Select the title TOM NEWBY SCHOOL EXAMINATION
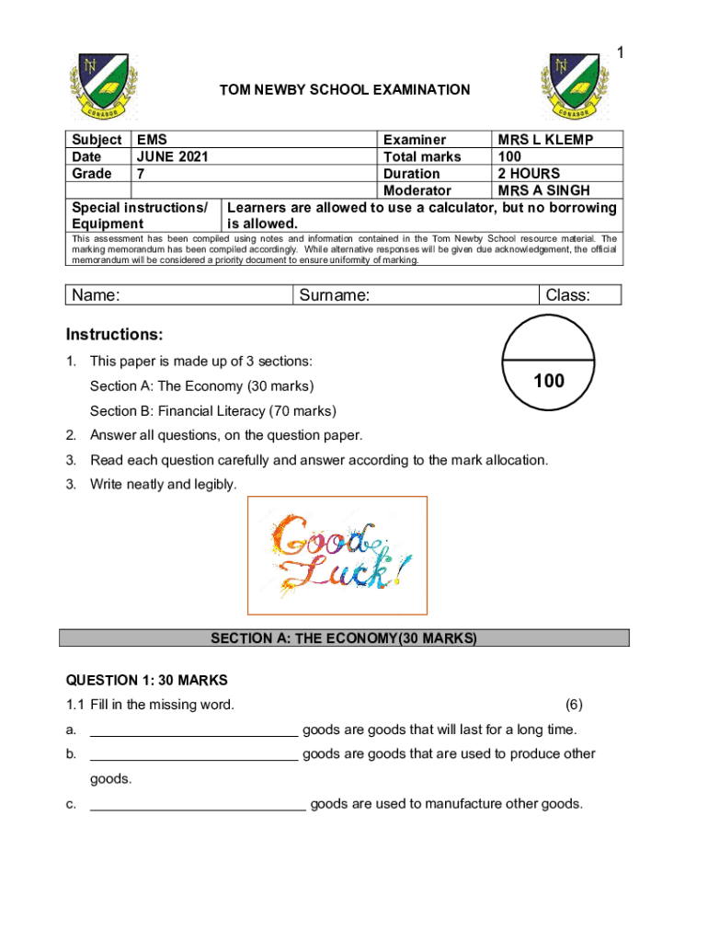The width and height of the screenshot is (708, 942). tap(344, 90)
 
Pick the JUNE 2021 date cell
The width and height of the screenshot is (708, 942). tap(172, 156)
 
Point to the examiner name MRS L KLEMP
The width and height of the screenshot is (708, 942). tap(545, 140)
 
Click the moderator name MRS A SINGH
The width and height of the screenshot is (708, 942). tap(543, 190)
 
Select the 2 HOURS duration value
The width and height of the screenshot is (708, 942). tap(529, 173)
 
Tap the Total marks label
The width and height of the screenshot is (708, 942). tap(422, 156)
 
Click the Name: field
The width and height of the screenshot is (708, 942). tap(180, 295)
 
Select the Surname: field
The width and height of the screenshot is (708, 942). tap(415, 295)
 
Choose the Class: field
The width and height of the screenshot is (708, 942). tap(579, 295)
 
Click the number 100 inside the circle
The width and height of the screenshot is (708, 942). tap(549, 380)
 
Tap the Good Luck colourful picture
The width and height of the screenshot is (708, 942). tap(338, 556)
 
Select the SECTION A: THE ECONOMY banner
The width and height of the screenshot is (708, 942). tap(344, 638)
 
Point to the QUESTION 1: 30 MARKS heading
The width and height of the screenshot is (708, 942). tap(146, 681)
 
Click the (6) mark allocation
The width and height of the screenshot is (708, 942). tap(574, 706)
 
